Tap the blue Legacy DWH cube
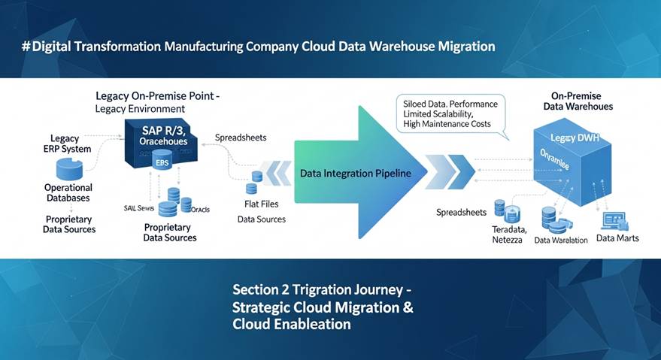point(576,162)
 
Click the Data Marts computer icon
point(615,220)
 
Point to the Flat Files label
point(262,204)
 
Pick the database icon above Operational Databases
point(68,168)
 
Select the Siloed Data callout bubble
point(450,113)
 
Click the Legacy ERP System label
point(71,144)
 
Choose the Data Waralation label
point(560,241)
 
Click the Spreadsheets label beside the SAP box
point(241,138)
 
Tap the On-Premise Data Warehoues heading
point(578,101)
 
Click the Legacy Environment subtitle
point(140,110)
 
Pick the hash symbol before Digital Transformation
point(26,46)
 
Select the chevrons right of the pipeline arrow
point(451,172)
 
